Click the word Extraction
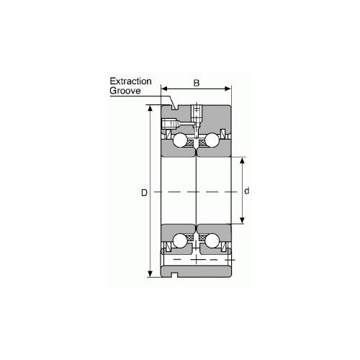[130, 81]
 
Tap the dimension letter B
[197, 84]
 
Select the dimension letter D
[144, 193]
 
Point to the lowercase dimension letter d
[247, 191]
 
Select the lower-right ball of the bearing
[212, 243]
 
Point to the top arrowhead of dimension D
[150, 109]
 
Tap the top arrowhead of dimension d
[241, 159]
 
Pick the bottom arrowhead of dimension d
[241, 221]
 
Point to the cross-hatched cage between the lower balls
[197, 240]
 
